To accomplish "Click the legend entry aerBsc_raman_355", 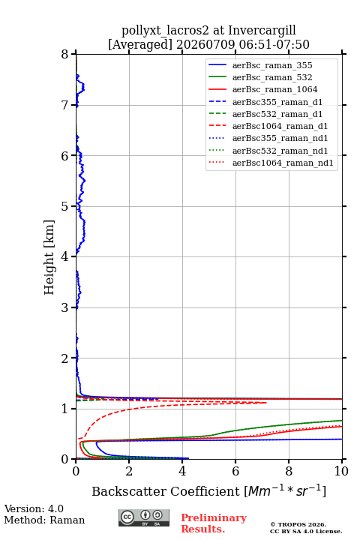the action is point(272,65).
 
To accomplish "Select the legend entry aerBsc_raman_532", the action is point(272,77).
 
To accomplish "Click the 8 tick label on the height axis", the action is point(64,55).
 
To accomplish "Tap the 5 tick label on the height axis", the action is point(64,206).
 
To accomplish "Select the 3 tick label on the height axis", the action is point(64,307).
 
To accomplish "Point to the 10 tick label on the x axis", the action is point(341,471).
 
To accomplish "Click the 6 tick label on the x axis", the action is point(235,471).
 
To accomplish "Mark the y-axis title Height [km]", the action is point(49,257).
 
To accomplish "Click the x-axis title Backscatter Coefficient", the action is point(166,491).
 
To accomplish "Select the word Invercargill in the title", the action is point(262,31).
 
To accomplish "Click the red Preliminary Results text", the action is point(214,523).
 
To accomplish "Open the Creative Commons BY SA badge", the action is point(144,518).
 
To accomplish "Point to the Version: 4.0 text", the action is point(34,508).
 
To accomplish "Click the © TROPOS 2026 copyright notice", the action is point(298,524).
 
